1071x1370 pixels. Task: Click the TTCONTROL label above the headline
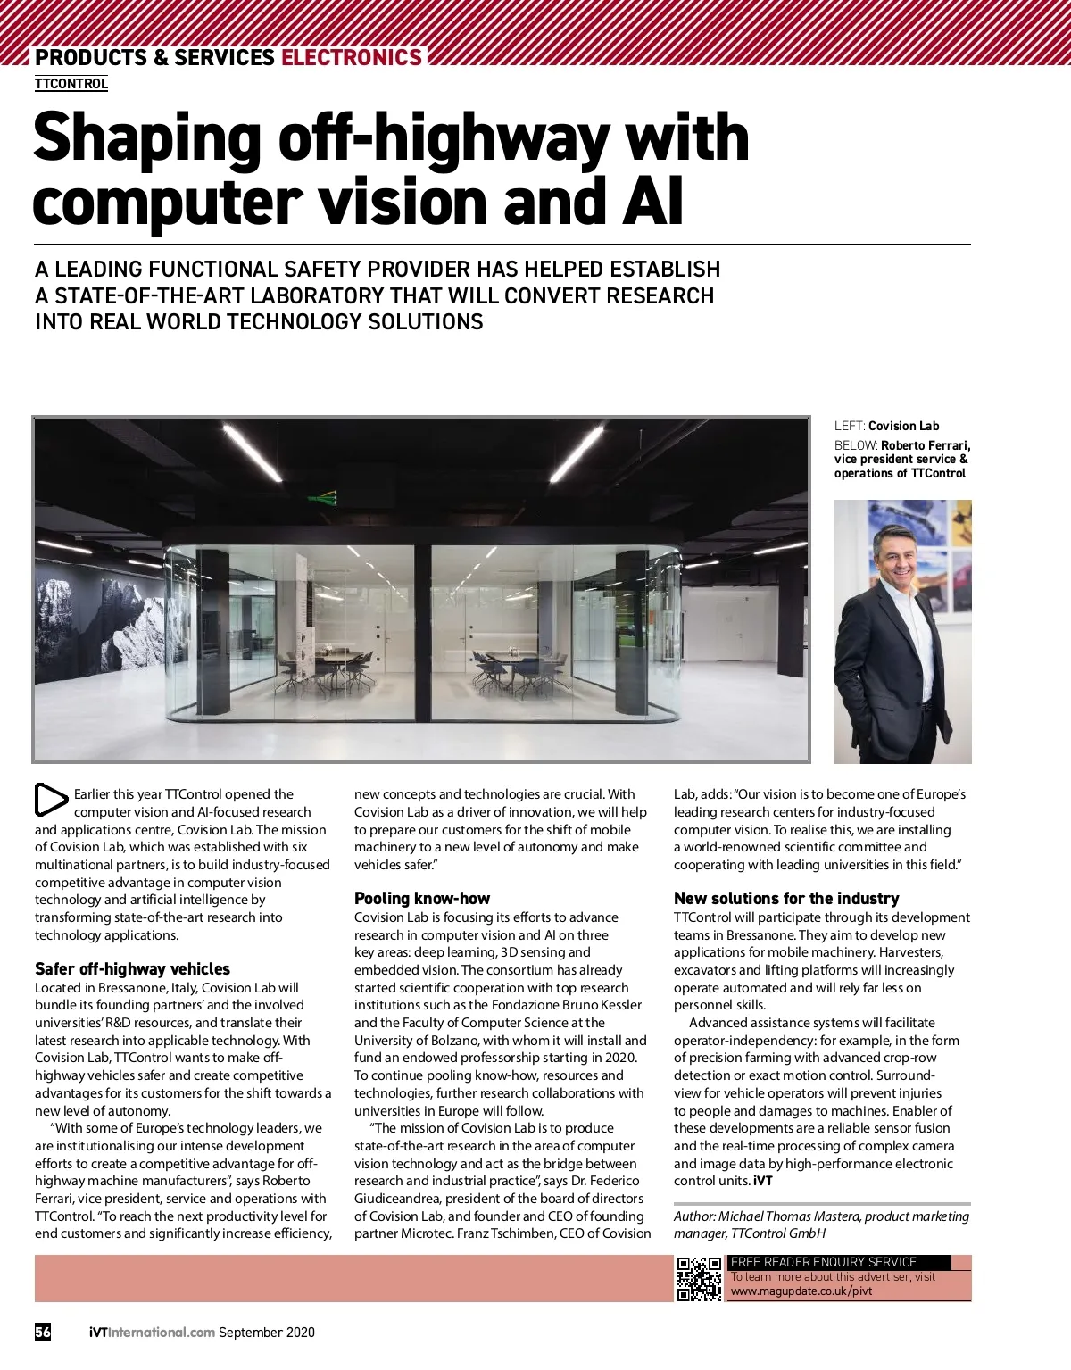[71, 84]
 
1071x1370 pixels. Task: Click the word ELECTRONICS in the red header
[351, 58]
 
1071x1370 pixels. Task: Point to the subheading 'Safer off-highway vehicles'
[132, 969]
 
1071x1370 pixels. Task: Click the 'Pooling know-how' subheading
[422, 899]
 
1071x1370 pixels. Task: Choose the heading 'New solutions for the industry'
[786, 899]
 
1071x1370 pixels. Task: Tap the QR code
[699, 1278]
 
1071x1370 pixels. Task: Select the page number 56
[43, 1333]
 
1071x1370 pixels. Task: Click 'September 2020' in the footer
[267, 1333]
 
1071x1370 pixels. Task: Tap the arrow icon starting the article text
[51, 800]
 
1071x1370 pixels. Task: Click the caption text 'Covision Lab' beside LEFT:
[903, 427]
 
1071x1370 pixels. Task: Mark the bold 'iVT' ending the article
[763, 1181]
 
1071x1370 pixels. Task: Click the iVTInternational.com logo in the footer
[152, 1333]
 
